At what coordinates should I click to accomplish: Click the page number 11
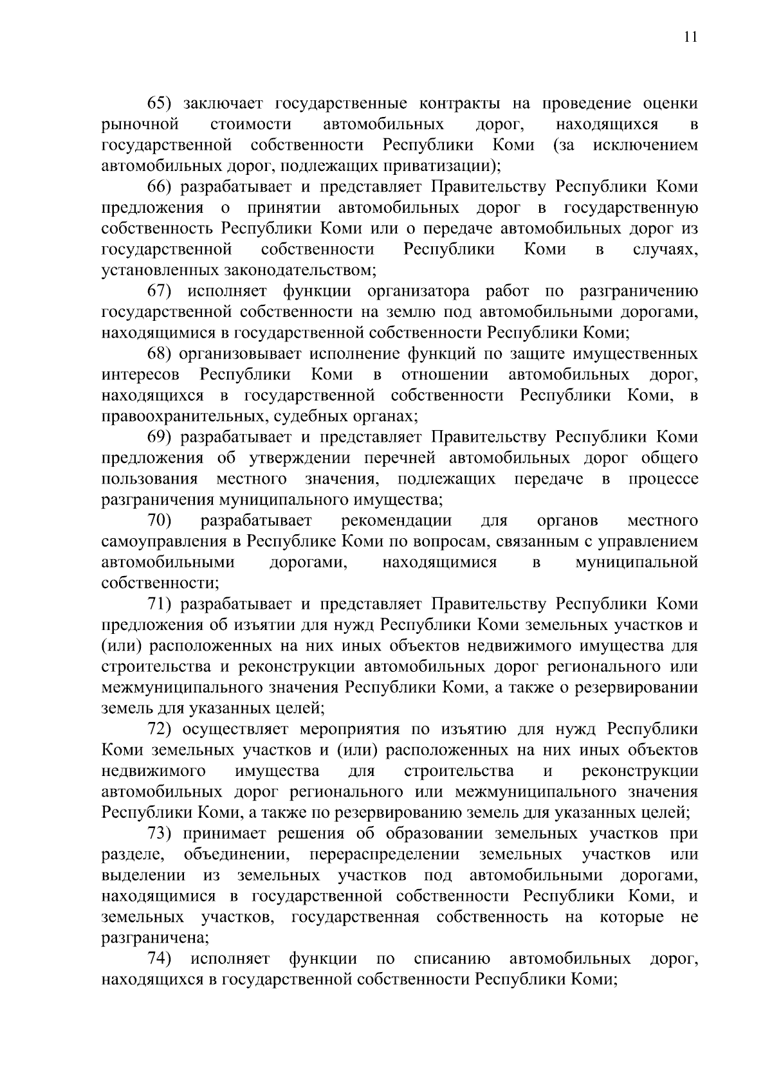click(690, 37)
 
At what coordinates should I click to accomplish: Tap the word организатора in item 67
click(418, 291)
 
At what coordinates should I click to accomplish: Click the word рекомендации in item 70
click(397, 520)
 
